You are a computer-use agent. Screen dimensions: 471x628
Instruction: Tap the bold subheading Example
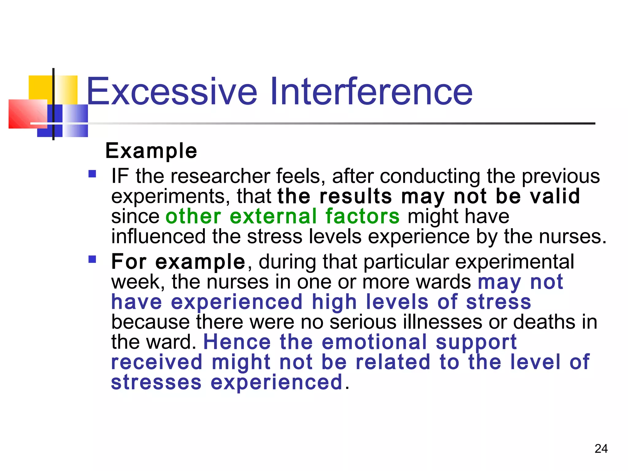pos(151,151)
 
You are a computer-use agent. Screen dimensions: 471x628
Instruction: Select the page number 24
pos(601,449)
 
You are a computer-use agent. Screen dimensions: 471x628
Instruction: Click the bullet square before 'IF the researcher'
pos(92,174)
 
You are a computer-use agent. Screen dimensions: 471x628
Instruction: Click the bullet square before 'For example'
pos(92,259)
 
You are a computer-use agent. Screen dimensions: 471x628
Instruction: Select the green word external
pos(273,216)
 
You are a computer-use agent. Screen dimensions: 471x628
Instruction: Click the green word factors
pos(362,216)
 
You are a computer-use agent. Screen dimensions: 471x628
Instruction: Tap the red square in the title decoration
pos(28,114)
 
